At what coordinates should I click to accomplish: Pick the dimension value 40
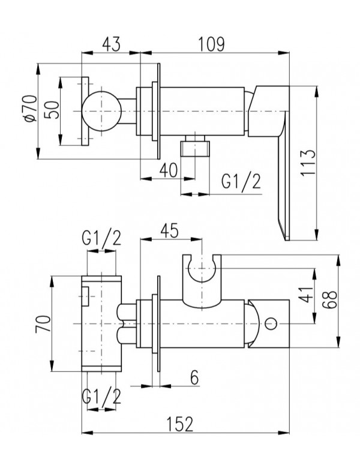coord(169,170)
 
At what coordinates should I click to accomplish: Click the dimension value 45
coord(170,230)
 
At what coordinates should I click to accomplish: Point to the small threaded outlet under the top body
coord(196,146)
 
